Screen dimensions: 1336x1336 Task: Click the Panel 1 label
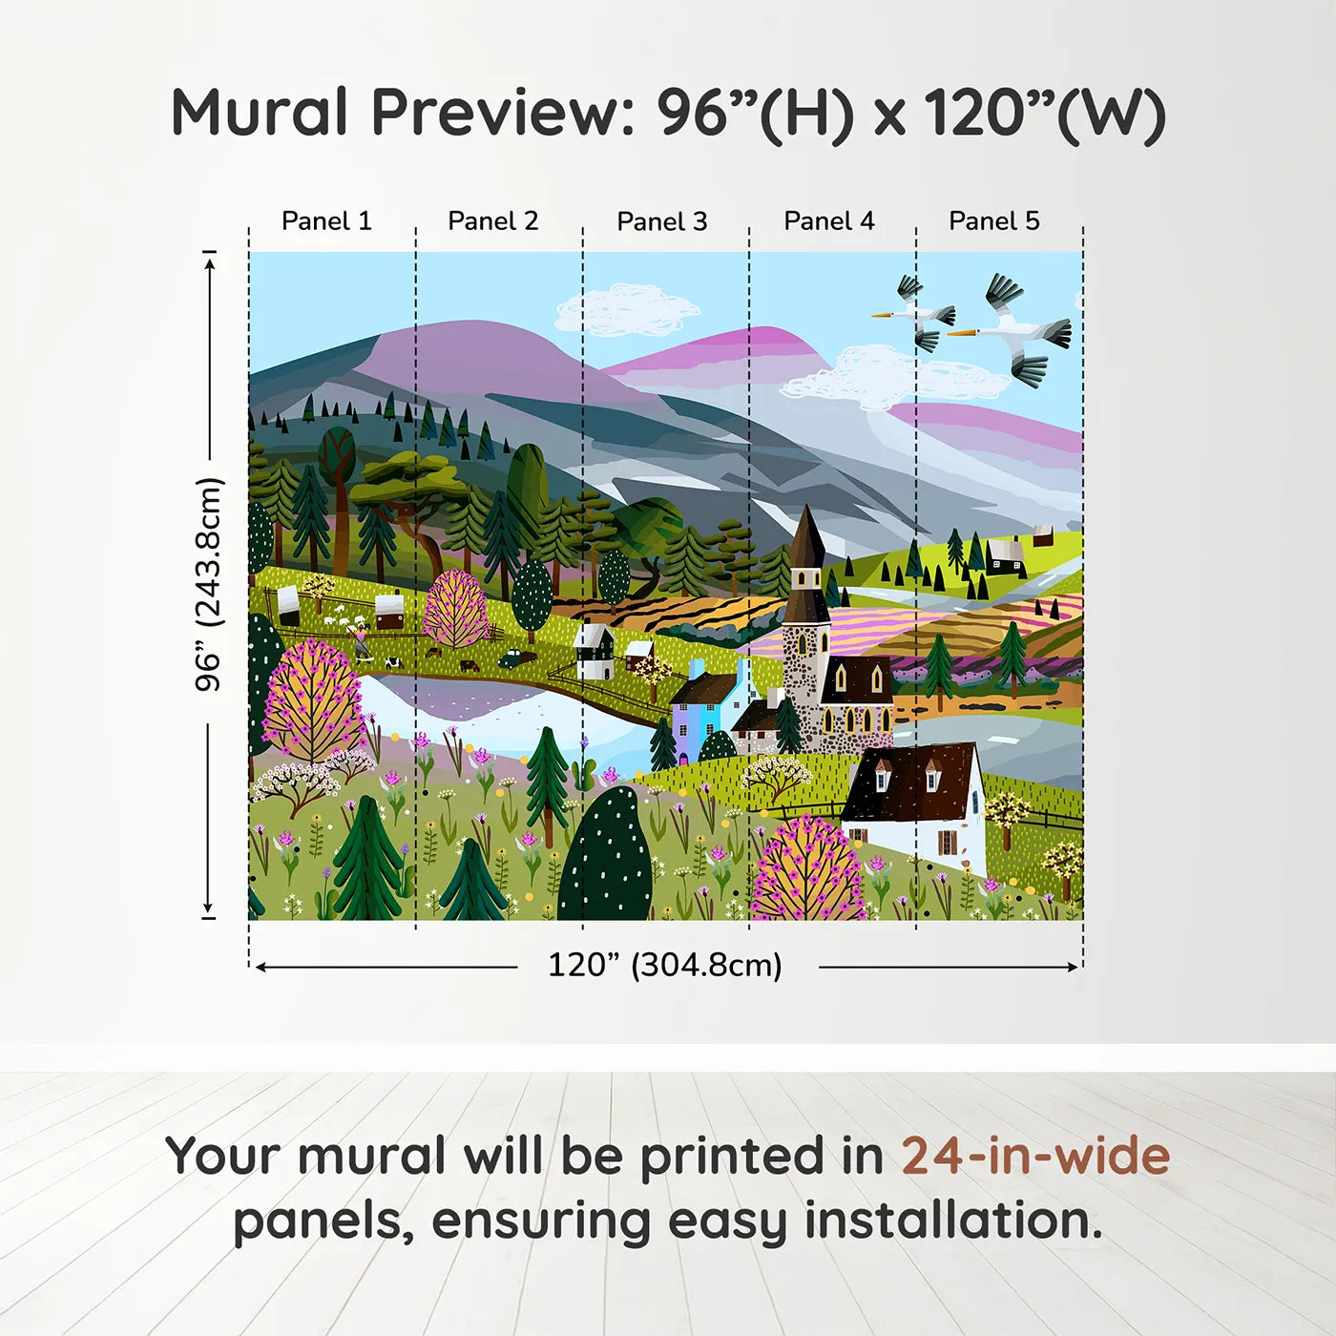click(326, 221)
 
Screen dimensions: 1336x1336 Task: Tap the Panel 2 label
click(493, 221)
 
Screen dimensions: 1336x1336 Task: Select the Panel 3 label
click(662, 222)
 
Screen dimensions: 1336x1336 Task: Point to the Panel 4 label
click(829, 221)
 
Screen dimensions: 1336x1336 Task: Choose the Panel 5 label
click(994, 221)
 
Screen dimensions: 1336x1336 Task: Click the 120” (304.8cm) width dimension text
click(665, 965)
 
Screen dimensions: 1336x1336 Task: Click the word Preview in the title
click(497, 113)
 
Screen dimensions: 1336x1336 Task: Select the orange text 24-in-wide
click(1035, 1157)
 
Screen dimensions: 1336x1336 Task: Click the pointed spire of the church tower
click(806, 534)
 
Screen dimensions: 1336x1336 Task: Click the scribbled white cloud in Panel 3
click(627, 310)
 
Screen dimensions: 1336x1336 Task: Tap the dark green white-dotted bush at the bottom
click(605, 859)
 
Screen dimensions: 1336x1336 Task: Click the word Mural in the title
click(260, 113)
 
